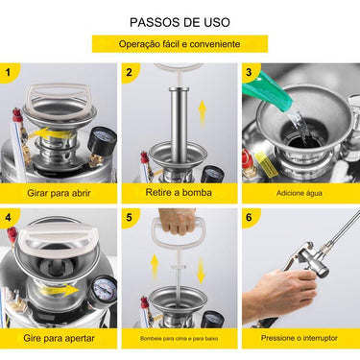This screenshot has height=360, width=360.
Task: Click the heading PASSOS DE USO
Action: [x=180, y=21]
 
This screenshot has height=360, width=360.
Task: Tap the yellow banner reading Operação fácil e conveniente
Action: [x=180, y=44]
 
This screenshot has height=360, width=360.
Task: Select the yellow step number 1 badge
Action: [x=11, y=72]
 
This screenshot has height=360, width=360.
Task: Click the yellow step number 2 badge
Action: [x=130, y=72]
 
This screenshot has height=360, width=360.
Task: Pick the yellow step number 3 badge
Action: [x=250, y=72]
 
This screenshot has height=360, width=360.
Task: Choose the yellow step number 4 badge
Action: [x=11, y=218]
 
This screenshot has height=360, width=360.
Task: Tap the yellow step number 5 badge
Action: [x=130, y=218]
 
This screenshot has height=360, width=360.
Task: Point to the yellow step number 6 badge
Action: [x=250, y=218]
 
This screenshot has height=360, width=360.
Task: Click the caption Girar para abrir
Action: [x=60, y=192]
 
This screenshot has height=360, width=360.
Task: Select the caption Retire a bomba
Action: [x=179, y=192]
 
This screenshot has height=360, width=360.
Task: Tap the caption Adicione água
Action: [x=299, y=193]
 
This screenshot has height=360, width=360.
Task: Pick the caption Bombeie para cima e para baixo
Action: [x=179, y=339]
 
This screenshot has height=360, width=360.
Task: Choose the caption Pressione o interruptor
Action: [x=299, y=339]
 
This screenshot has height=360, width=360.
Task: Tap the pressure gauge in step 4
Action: [x=105, y=287]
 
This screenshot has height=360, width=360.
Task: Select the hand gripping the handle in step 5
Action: [x=178, y=222]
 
